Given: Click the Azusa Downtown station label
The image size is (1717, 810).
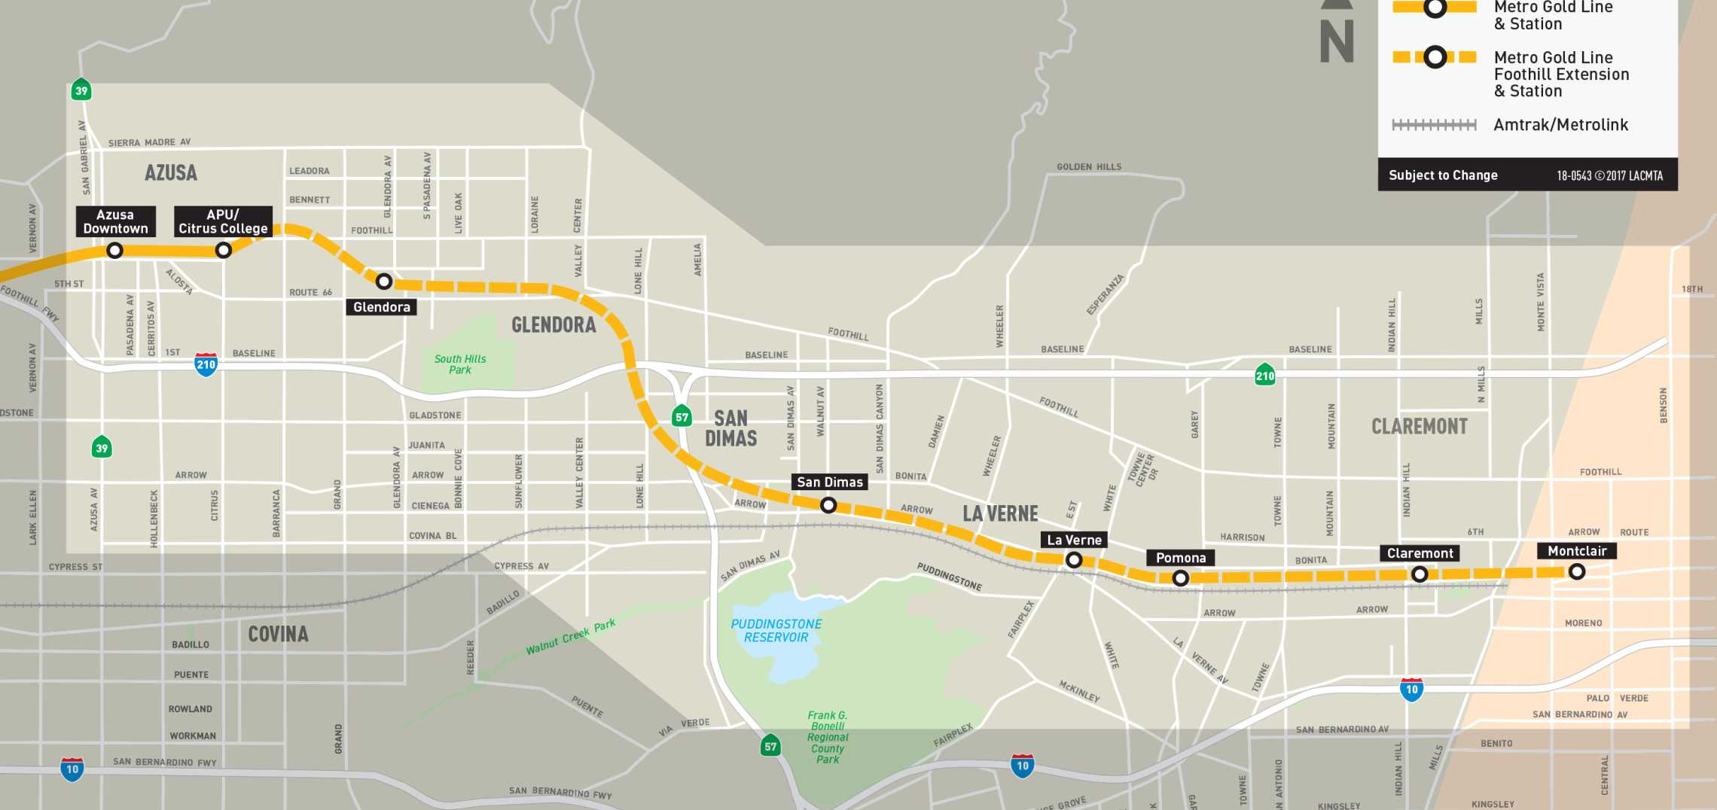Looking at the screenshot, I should (x=115, y=221).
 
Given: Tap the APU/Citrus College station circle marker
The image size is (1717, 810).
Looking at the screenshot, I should (x=223, y=250).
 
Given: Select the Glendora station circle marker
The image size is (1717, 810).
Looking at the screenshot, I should (x=383, y=282).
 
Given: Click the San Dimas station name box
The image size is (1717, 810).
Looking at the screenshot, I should (x=829, y=482).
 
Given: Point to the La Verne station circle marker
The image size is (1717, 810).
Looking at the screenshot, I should (x=1074, y=560).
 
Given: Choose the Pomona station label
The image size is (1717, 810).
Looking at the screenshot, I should (x=1180, y=558).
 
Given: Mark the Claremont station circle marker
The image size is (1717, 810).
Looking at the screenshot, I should (x=1419, y=574).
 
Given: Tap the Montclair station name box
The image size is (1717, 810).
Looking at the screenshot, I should (x=1576, y=551).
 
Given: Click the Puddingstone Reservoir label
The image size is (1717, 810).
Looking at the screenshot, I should (x=776, y=631).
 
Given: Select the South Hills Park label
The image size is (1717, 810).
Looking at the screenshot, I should (x=460, y=364).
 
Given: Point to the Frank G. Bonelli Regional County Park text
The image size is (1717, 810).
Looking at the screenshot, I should (x=828, y=737).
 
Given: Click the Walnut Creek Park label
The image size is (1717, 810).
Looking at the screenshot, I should (x=570, y=637).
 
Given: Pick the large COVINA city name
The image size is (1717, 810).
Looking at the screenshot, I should (x=278, y=634).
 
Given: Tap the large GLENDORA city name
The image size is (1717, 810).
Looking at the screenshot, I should (x=554, y=324).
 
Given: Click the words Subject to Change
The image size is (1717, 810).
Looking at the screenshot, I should (x=1443, y=175).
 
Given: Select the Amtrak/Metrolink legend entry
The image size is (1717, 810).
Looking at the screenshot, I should (x=1560, y=125).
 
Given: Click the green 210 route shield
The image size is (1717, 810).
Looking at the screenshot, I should (x=1264, y=376).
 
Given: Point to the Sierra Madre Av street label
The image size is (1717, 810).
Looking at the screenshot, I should (x=149, y=142).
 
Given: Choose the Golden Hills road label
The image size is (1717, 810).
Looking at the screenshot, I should (x=1088, y=166).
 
